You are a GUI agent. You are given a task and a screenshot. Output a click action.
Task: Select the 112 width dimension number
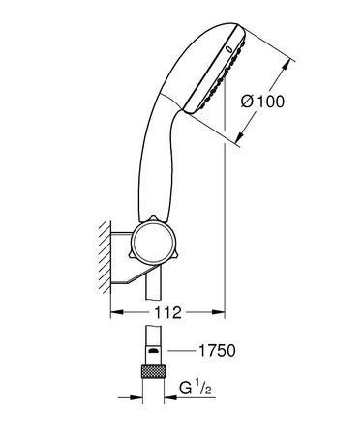(x=167, y=313)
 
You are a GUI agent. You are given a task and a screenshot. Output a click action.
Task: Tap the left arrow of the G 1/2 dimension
(x=135, y=394)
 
